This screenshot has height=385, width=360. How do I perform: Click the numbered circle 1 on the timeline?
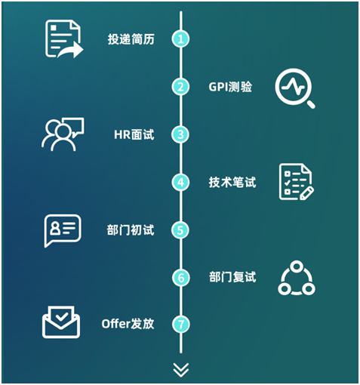pyautogui.click(x=180, y=39)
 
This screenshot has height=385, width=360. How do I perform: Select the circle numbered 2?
pyautogui.click(x=180, y=87)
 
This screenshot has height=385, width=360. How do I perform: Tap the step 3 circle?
pyautogui.click(x=180, y=134)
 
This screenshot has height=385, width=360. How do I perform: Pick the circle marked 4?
pyautogui.click(x=180, y=182)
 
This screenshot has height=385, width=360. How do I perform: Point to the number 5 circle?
pyautogui.click(x=180, y=230)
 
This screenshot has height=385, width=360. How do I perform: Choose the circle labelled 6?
pyautogui.click(x=181, y=278)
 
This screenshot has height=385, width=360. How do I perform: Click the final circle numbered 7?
pyautogui.click(x=181, y=324)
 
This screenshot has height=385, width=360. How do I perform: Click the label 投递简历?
pyautogui.click(x=131, y=39)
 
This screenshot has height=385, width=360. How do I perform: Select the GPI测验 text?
pyautogui.click(x=230, y=87)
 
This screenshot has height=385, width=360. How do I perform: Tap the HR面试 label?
pyautogui.click(x=134, y=134)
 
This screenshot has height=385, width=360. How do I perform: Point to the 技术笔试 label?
pyautogui.click(x=232, y=182)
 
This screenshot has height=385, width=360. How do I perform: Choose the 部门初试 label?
pyautogui.click(x=131, y=230)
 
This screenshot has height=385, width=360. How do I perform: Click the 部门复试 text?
pyautogui.click(x=232, y=277)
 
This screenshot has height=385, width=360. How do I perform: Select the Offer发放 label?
pyautogui.click(x=128, y=324)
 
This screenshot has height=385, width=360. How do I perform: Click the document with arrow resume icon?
pyautogui.click(x=64, y=39)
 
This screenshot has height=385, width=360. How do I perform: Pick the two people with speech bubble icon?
pyautogui.click(x=63, y=134)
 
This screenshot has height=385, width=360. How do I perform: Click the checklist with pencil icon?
pyautogui.click(x=297, y=182)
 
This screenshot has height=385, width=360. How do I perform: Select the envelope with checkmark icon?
pyautogui.click(x=61, y=322)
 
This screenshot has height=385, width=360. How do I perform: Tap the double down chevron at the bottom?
pyautogui.click(x=181, y=370)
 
